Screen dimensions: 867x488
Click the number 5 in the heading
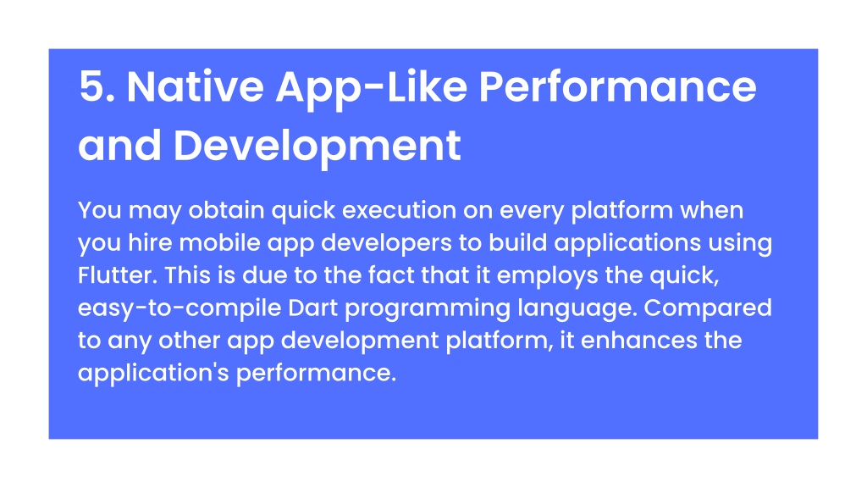coord(97,87)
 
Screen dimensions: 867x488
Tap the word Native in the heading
coord(196,87)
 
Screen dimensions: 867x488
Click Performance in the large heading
coord(617,87)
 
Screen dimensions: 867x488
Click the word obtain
coord(226,210)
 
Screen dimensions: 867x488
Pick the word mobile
coord(219,243)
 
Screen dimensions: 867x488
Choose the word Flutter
coord(118,275)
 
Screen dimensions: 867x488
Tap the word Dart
coord(313,308)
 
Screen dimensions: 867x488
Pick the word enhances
coord(638,341)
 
